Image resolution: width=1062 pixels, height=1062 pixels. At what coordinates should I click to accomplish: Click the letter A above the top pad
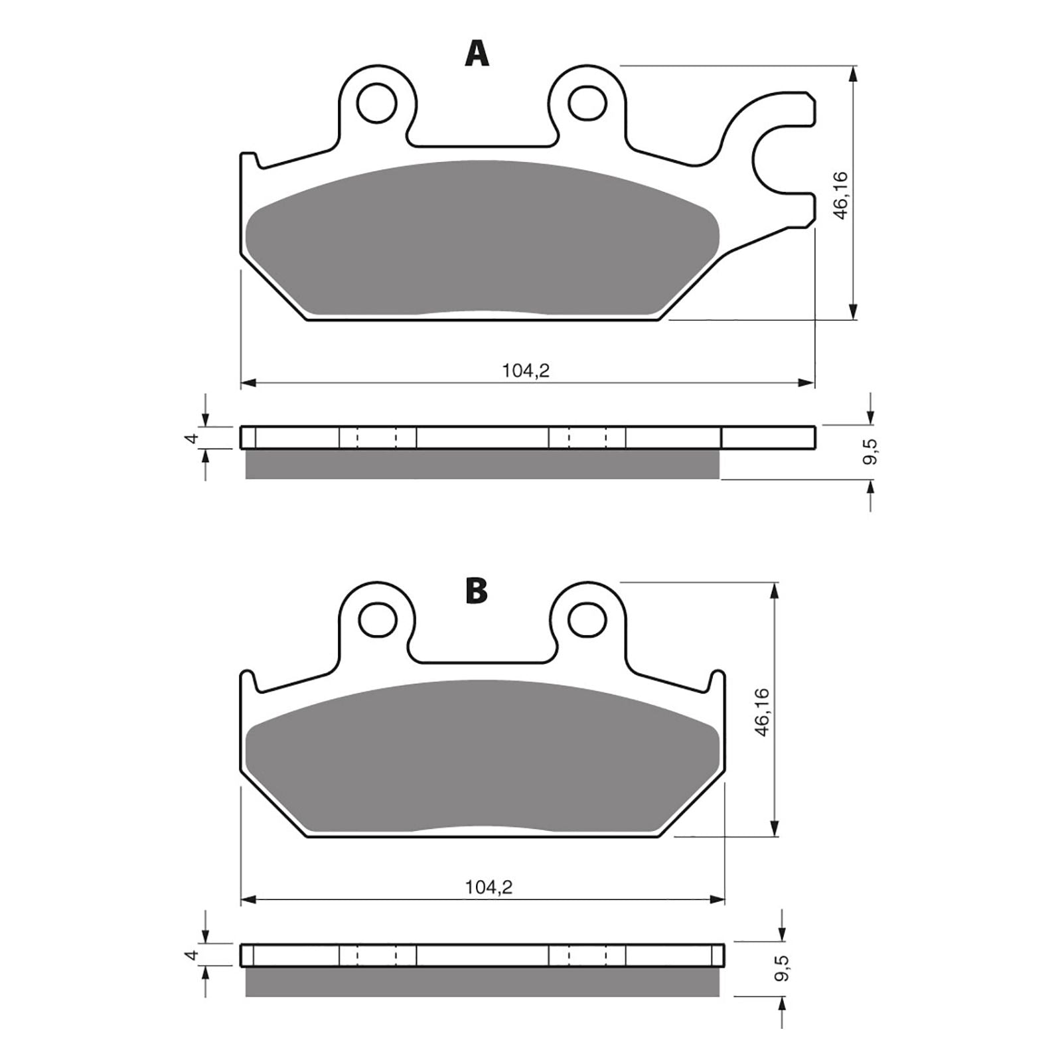(x=477, y=54)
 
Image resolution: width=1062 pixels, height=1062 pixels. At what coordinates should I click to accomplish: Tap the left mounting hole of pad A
(x=376, y=103)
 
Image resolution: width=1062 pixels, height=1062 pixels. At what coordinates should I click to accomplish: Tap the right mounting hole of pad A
(x=587, y=103)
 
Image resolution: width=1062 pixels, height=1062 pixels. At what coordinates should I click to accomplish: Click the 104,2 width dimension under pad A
(x=526, y=371)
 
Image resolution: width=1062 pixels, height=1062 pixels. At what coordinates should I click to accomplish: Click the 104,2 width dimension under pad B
(x=489, y=887)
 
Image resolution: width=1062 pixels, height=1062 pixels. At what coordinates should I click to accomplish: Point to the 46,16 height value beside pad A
(x=840, y=196)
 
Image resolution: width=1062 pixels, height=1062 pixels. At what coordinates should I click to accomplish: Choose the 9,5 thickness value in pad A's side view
(x=872, y=451)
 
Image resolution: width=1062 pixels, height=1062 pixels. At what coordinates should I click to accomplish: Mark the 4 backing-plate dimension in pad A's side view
(x=192, y=438)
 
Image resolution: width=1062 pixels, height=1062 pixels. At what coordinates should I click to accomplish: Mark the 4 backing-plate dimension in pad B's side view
(x=192, y=955)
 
